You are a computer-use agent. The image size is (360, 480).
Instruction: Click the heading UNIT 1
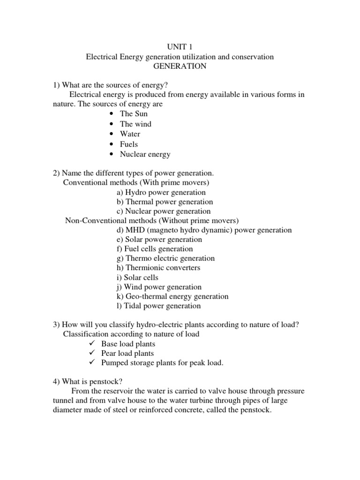click(180, 47)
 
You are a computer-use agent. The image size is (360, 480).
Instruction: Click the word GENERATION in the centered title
click(180, 66)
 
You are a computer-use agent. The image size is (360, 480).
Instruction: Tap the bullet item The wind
click(135, 124)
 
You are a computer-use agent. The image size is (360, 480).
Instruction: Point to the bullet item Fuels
click(129, 144)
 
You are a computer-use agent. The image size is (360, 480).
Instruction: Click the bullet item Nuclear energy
click(145, 154)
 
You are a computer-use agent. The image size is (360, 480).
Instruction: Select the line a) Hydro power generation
click(161, 192)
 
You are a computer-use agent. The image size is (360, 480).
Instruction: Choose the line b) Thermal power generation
click(165, 202)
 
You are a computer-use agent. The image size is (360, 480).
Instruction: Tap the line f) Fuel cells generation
click(155, 249)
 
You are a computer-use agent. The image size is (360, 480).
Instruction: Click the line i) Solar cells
click(138, 277)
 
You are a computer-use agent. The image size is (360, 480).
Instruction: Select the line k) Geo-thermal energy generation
click(172, 296)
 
